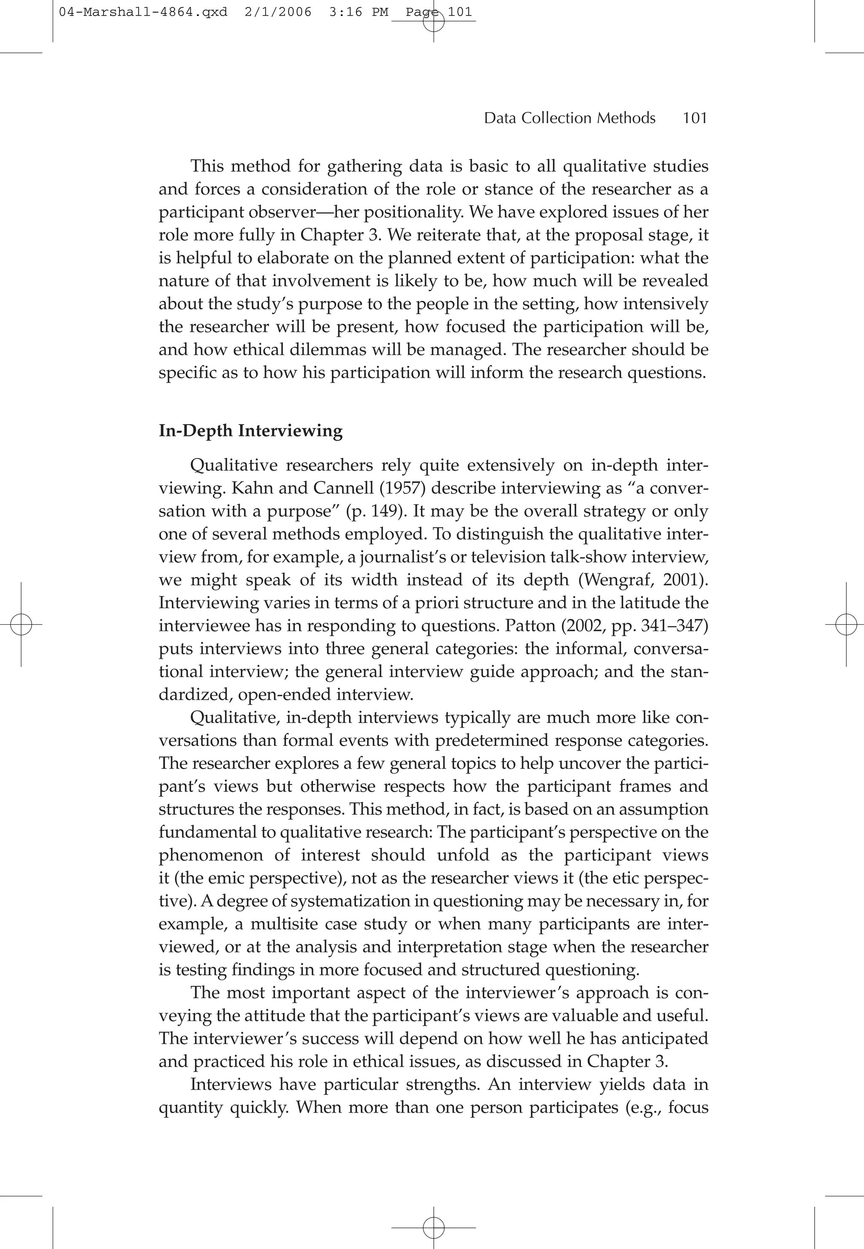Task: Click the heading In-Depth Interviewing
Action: click(250, 431)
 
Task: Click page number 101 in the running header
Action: click(695, 118)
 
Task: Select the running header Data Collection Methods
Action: click(570, 118)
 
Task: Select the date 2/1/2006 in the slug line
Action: click(278, 12)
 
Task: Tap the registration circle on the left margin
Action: click(21, 625)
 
